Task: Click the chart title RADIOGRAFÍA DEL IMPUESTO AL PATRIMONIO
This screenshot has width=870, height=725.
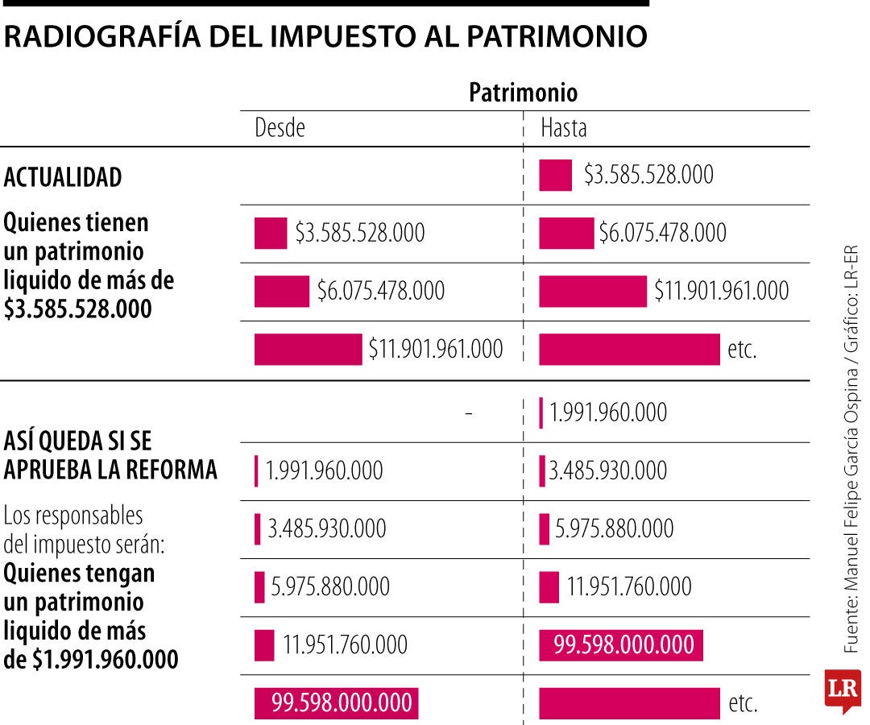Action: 325,37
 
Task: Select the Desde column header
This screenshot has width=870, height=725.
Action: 280,128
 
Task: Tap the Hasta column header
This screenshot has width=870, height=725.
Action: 563,128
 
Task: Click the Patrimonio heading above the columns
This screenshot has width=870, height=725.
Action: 524,93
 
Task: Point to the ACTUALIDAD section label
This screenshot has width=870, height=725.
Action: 63,177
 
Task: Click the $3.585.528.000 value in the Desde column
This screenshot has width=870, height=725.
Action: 359,233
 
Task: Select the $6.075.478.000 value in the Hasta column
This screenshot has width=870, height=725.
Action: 662,233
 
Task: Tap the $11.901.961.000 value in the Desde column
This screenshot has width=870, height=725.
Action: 436,349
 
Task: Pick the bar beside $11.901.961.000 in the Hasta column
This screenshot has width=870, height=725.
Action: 592,291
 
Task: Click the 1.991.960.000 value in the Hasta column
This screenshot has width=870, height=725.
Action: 608,412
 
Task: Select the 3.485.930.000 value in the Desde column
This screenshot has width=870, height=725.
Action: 327,529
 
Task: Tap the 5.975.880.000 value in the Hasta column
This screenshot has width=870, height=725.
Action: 615,529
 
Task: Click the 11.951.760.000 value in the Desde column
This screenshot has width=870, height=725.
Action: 345,645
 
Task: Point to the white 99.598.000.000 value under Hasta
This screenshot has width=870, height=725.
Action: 623,645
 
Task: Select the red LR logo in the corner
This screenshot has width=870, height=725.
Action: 843,690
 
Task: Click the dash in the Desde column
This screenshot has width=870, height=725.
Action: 468,413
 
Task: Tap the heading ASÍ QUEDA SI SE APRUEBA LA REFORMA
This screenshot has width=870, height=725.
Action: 110,455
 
